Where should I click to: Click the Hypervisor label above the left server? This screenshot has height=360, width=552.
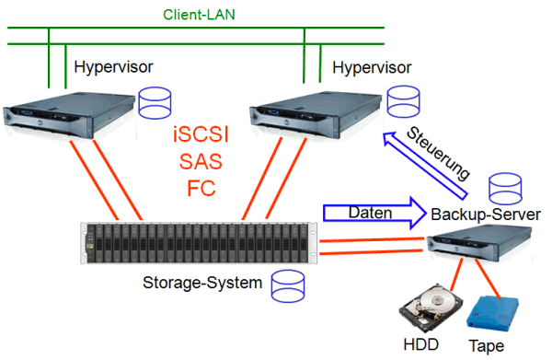(112, 68)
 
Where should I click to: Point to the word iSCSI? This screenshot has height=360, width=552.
(201, 136)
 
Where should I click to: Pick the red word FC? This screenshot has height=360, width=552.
(201, 191)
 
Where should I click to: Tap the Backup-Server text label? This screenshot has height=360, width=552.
(486, 215)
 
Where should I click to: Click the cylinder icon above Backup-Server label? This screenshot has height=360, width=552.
(506, 191)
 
